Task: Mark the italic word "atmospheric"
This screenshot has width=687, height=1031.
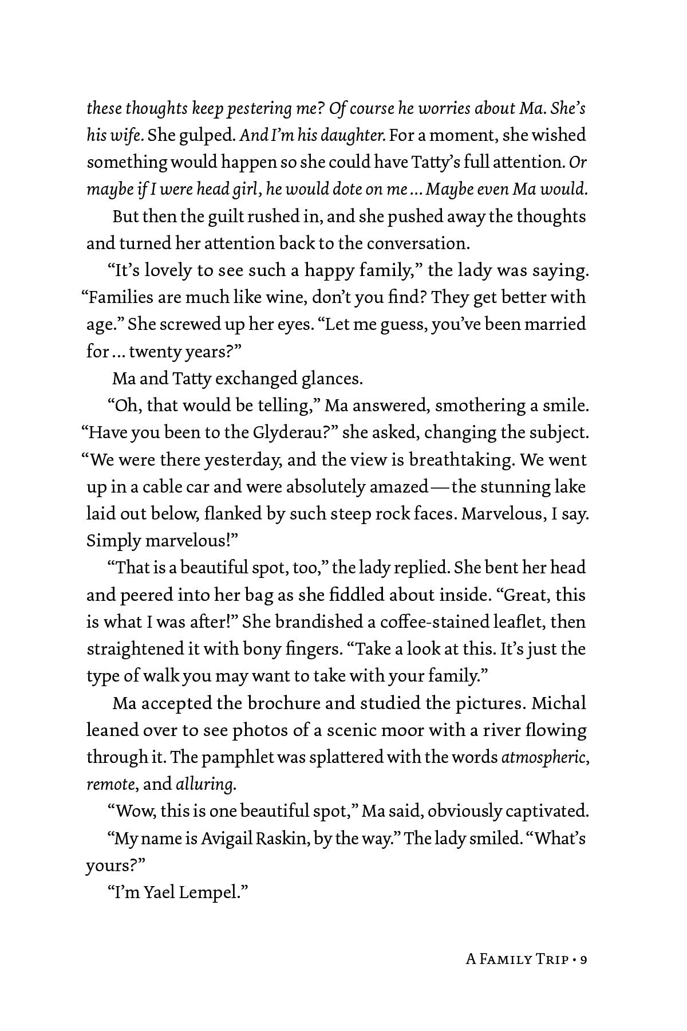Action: coord(543,757)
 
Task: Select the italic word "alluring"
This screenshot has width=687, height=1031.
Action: coord(204,784)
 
